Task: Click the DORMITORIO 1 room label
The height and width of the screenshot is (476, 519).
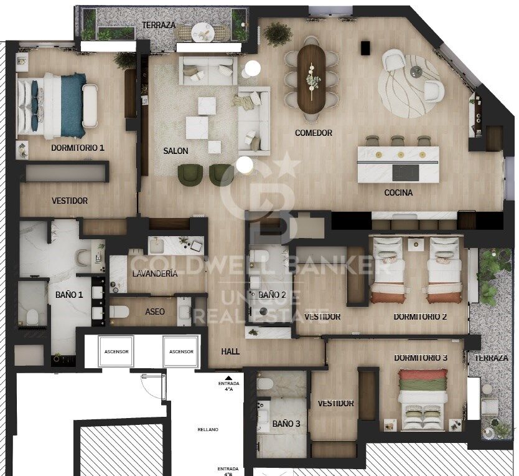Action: point(78,148)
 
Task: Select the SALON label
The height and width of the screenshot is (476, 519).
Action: point(175,151)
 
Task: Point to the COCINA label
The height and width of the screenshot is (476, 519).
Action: point(398,193)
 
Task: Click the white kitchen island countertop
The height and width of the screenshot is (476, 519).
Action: point(398,164)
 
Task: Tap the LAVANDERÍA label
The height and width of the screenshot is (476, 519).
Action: point(155,274)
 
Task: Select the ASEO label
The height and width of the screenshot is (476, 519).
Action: point(155,312)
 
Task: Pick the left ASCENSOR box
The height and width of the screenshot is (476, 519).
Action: point(116,352)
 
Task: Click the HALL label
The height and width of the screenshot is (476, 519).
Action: point(230,351)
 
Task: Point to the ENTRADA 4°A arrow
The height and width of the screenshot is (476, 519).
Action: point(228,378)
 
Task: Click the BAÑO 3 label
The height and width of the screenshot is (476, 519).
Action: point(286,424)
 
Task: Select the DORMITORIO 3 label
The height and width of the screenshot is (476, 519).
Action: point(420,358)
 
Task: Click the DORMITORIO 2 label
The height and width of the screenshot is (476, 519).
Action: point(420,317)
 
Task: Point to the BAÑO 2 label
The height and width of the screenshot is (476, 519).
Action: point(273,295)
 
